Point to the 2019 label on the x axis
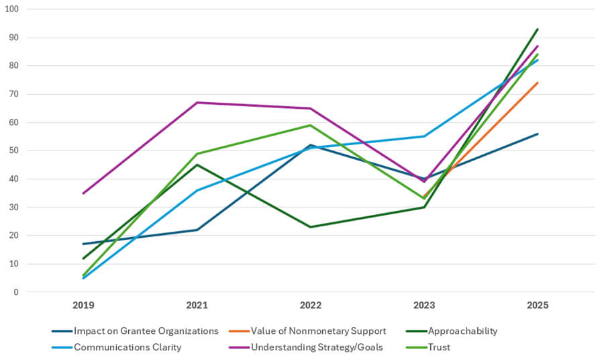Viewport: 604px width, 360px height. point(84,305)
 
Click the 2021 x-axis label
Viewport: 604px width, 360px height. point(197,305)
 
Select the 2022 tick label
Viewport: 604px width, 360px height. point(311,305)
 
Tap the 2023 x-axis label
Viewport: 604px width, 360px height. point(424,305)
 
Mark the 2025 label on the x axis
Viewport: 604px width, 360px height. point(538,305)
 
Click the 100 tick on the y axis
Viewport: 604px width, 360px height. point(12,9)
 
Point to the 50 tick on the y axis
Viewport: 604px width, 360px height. point(14,150)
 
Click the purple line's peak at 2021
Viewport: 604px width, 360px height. point(197,103)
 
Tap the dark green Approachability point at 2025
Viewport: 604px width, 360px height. point(538,29)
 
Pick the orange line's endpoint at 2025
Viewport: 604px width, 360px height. point(538,83)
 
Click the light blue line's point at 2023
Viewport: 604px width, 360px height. point(424,136)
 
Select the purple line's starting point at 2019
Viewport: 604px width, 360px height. point(84,193)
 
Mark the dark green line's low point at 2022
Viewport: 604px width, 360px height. point(311,227)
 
